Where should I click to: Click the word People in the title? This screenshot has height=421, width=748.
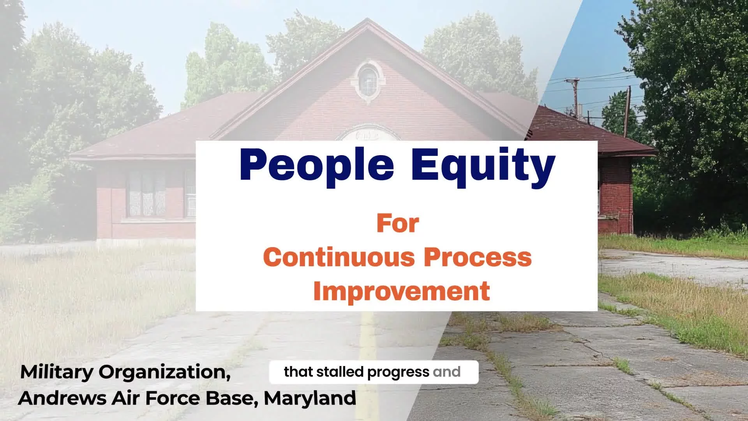click(317, 166)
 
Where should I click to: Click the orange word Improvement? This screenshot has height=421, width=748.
click(401, 291)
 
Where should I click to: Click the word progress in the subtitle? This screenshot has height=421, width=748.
click(398, 373)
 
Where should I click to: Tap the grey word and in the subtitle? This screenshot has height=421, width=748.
click(446, 372)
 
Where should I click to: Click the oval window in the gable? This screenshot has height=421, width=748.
click(367, 81)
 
